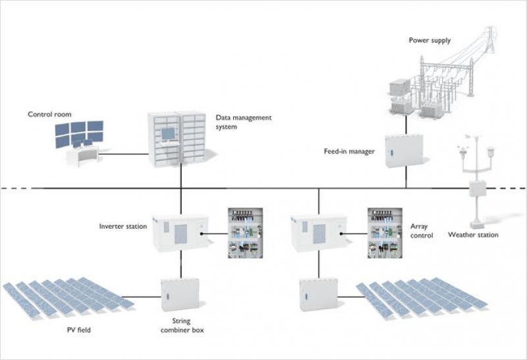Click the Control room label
(48, 114)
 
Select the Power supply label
(430, 40)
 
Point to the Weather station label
(473, 235)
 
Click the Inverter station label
(123, 227)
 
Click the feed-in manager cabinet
(404, 151)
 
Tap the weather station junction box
(477, 189)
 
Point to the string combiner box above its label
(180, 295)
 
